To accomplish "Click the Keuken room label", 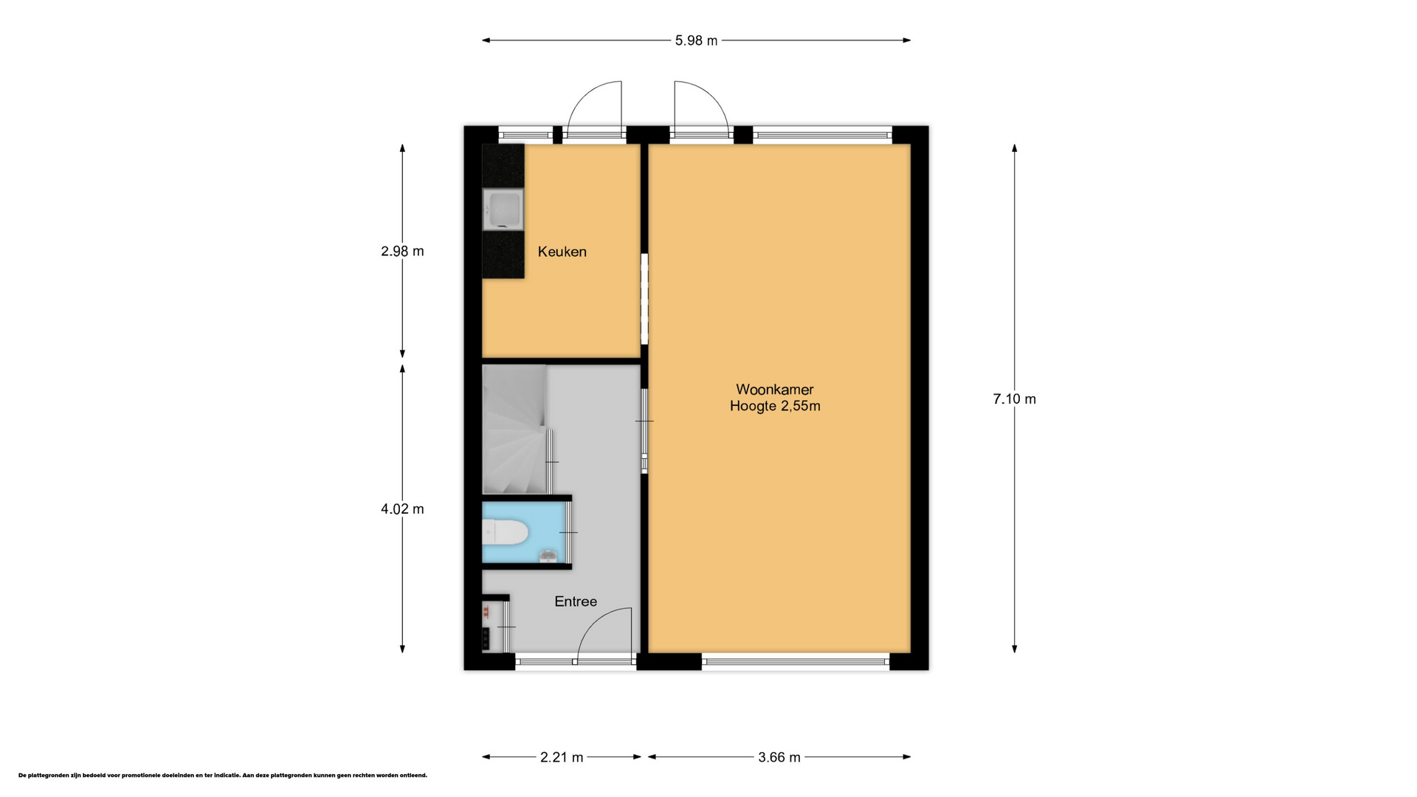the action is click(x=562, y=252).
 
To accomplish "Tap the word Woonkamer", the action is click(x=774, y=390).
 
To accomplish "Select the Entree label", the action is click(x=576, y=601).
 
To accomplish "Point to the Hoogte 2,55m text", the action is click(x=775, y=406).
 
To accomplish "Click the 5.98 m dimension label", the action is click(x=696, y=41).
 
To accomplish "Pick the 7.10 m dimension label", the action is click(x=1014, y=399).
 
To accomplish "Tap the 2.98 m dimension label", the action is click(x=402, y=251).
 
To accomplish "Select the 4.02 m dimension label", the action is click(x=402, y=509).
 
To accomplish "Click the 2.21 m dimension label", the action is click(x=562, y=757).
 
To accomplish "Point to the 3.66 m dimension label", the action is click(x=779, y=757).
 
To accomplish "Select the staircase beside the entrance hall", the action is click(x=514, y=429).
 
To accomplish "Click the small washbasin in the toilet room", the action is click(x=548, y=555).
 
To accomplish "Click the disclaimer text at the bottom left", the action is click(x=222, y=776).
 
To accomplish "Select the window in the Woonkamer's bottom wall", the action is click(x=796, y=661).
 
